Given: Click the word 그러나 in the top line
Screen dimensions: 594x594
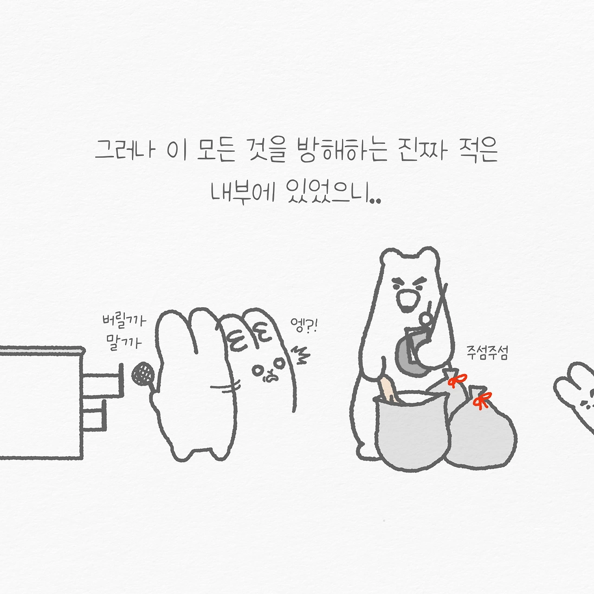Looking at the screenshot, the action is pyautogui.click(x=124, y=150).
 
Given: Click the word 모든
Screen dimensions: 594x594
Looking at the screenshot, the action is pyautogui.click(x=216, y=150).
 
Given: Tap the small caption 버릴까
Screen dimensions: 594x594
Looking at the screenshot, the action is pyautogui.click(x=124, y=321).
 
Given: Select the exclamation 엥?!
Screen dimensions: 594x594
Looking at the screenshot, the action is pyautogui.click(x=303, y=326).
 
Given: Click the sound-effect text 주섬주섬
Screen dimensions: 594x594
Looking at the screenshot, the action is pyautogui.click(x=487, y=353).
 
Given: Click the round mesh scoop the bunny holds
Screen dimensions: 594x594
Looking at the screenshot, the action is pyautogui.click(x=142, y=374).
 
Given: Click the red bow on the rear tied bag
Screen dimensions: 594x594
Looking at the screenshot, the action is pyautogui.click(x=457, y=381).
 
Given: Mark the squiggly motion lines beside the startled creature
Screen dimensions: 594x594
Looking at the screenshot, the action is pyautogui.click(x=300, y=355).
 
